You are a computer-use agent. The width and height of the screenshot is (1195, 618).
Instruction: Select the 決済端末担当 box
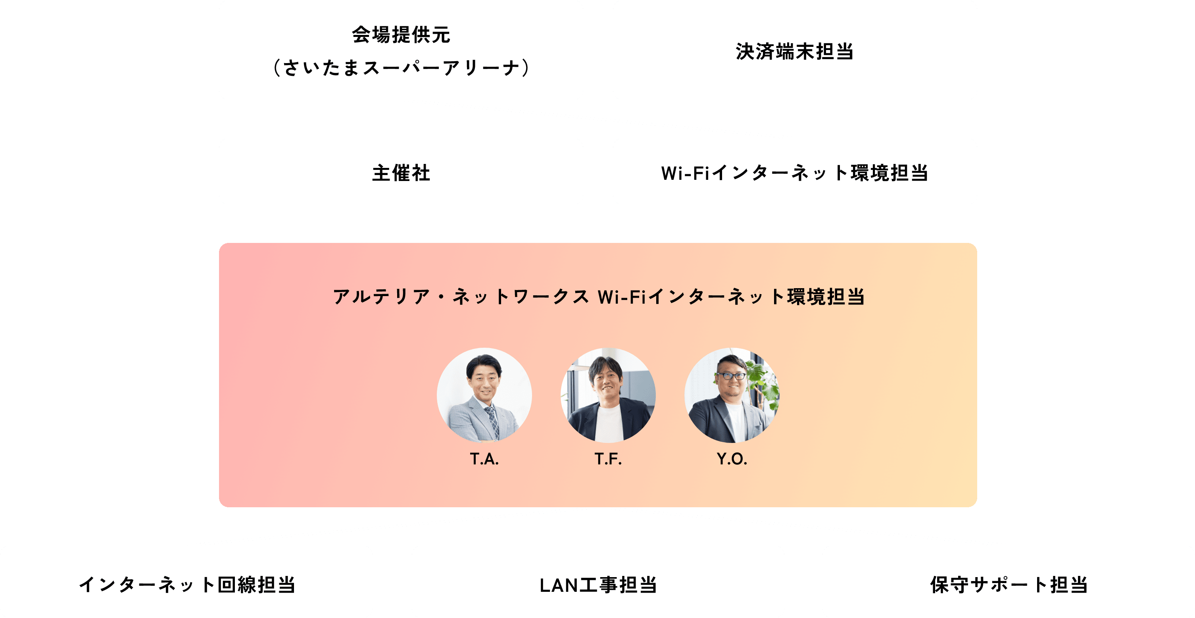(794, 50)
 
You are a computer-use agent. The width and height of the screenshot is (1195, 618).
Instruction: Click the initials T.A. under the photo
(484, 459)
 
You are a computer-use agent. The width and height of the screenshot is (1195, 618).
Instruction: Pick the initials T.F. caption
(608, 459)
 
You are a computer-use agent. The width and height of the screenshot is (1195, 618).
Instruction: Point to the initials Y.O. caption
(732, 459)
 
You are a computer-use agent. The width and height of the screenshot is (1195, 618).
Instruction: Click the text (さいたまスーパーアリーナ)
(401, 68)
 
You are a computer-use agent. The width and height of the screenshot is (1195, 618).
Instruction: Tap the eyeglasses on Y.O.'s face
(731, 376)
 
